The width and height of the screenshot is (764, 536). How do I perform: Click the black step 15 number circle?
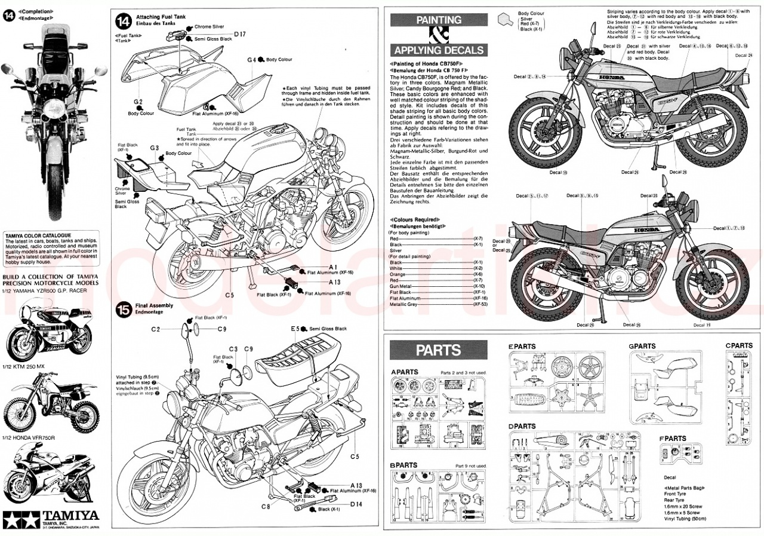[123, 310]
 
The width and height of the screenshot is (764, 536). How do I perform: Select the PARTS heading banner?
[438, 349]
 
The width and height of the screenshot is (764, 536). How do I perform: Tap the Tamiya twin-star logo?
[13, 517]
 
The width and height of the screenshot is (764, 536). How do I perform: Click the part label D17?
[239, 34]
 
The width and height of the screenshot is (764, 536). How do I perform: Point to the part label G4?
[251, 60]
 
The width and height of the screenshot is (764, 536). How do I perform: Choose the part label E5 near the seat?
[295, 329]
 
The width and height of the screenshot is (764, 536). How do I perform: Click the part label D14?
[356, 504]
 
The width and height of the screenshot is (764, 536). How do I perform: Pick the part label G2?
[138, 102]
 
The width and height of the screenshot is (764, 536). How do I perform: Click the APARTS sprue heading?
[404, 372]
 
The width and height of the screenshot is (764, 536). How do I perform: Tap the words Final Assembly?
[154, 305]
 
